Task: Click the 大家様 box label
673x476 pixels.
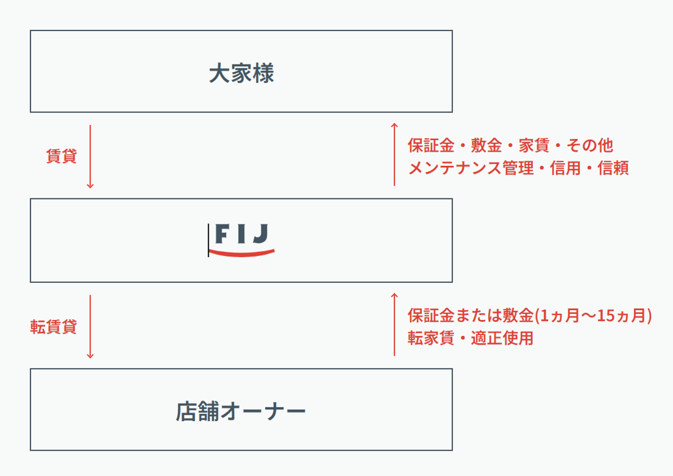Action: (x=241, y=73)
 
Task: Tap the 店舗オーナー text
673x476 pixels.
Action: (x=241, y=411)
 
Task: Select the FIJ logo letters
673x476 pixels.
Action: (x=242, y=233)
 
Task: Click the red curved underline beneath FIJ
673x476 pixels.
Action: (x=242, y=253)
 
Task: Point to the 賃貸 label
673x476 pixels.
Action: (x=61, y=156)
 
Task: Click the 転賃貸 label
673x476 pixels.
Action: (x=54, y=327)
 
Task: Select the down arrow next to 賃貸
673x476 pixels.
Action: (x=90, y=157)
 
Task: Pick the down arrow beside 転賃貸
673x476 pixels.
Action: (x=90, y=327)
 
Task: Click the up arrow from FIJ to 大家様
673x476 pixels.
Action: (x=395, y=155)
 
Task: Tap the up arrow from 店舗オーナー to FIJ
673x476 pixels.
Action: (x=395, y=325)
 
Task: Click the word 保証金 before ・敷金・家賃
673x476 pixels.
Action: (x=431, y=145)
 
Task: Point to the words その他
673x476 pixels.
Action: (x=589, y=145)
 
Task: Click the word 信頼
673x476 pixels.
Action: (x=613, y=168)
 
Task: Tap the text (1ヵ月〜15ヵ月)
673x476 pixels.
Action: (x=593, y=315)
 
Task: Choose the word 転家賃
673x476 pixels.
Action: (x=431, y=338)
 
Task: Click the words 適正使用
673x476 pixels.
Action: (x=502, y=338)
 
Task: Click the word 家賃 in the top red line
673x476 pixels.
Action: (x=534, y=145)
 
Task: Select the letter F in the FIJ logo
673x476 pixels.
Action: (x=221, y=233)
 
